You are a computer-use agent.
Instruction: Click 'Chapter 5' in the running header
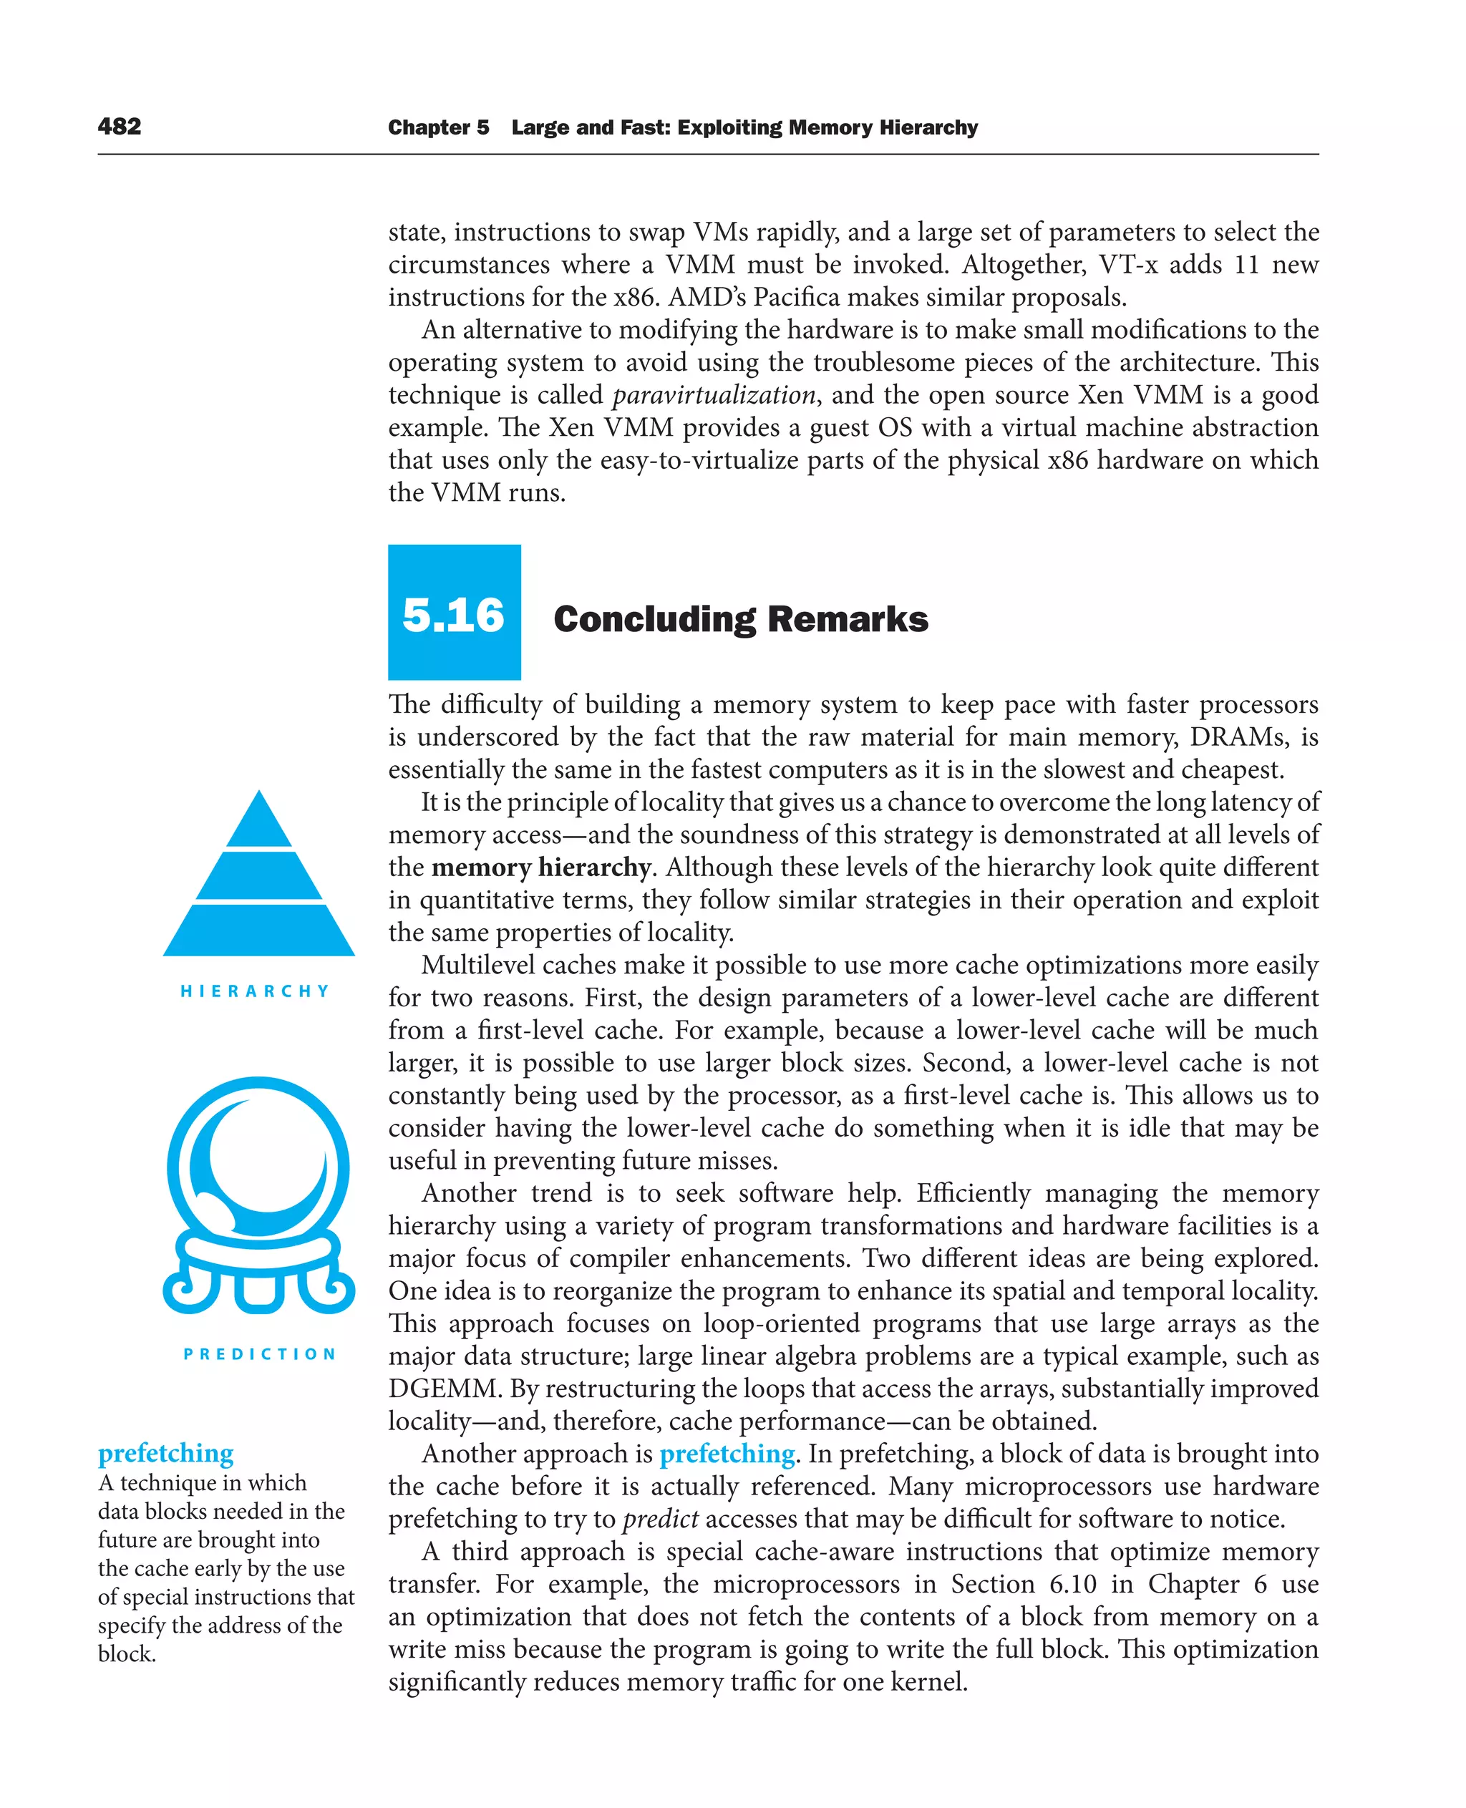(x=438, y=127)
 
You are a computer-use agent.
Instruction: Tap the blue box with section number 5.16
(x=454, y=612)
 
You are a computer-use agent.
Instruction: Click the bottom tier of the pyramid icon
(x=259, y=930)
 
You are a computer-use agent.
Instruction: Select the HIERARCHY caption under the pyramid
(x=255, y=991)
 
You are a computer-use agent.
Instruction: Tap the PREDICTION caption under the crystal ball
(x=260, y=1353)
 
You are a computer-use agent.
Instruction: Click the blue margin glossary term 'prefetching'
(x=165, y=1452)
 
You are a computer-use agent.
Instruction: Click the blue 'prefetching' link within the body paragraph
(x=727, y=1453)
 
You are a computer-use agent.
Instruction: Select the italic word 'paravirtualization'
(x=714, y=394)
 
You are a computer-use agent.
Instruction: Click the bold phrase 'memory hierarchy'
(x=540, y=867)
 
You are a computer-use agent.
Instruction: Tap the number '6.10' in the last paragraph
(x=1072, y=1583)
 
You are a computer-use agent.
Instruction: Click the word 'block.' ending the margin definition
(x=127, y=1653)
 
